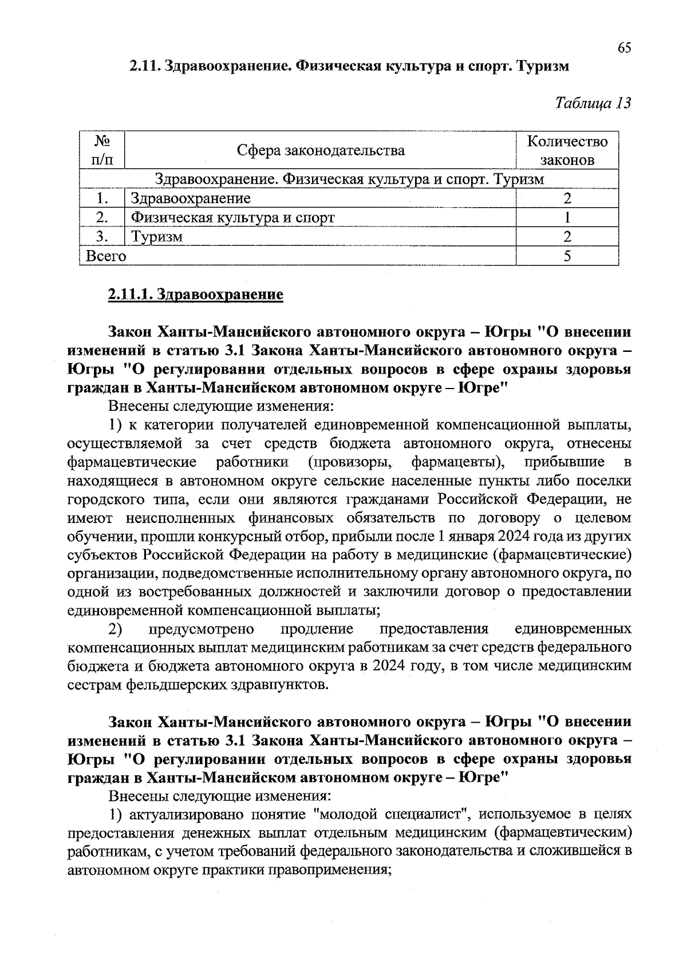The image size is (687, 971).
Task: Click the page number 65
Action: (624, 47)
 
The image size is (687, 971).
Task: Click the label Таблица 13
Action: (593, 104)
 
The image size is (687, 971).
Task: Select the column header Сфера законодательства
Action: (321, 150)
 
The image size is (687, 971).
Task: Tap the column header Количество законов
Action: (567, 150)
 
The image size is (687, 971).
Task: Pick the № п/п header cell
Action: (101, 150)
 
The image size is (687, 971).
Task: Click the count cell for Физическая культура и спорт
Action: (567, 217)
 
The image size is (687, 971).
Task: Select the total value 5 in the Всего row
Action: (567, 256)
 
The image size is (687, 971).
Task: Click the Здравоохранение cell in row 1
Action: (191, 199)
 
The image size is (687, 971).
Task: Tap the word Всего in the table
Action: (105, 256)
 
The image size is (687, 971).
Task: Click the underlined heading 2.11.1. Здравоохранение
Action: (195, 295)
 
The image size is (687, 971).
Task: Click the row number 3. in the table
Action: (102, 237)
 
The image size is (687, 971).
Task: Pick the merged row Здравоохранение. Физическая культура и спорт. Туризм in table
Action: (349, 179)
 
